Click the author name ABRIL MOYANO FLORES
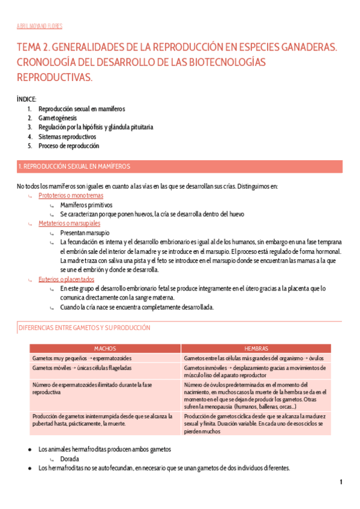pyautogui.click(x=40, y=26)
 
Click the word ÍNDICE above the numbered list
pyautogui.click(x=27, y=98)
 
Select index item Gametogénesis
pyautogui.click(x=58, y=118)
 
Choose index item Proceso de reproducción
pyautogui.click(x=68, y=146)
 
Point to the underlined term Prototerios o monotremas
pyautogui.click(x=71, y=196)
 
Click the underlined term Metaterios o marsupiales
pyautogui.click(x=70, y=223)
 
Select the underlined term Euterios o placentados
pyautogui.click(x=66, y=279)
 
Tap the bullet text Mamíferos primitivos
pyautogui.click(x=86, y=205)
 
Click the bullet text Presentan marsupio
pyautogui.click(x=85, y=232)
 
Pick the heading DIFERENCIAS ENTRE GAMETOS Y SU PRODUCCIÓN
pyautogui.click(x=85, y=328)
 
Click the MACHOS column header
pyautogui.click(x=105, y=348)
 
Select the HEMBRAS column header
pyautogui.click(x=256, y=348)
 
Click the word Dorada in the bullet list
pyautogui.click(x=70, y=459)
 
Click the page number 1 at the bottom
pyautogui.click(x=340, y=482)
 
